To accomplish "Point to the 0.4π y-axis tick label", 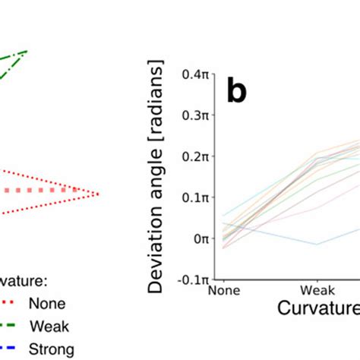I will click(x=195, y=74).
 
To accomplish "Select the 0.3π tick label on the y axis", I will click(x=195, y=115).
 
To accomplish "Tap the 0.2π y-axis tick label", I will click(x=195, y=156).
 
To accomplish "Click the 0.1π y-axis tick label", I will click(x=195, y=197).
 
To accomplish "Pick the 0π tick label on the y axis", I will click(x=200, y=238).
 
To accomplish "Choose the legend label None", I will click(x=47, y=304).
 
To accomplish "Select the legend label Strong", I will click(x=52, y=349).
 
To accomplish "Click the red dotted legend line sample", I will click(x=9, y=304).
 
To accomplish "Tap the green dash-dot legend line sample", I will click(x=9, y=327).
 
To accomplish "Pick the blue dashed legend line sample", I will click(x=9, y=349).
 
